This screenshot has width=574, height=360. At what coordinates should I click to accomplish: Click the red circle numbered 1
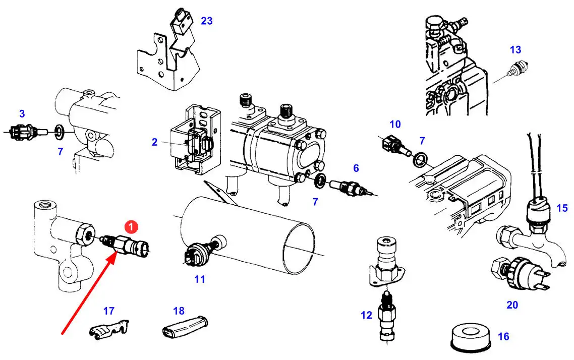point(131,227)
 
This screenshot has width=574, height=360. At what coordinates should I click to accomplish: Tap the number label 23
point(206,21)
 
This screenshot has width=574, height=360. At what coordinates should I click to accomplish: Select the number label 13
point(515,50)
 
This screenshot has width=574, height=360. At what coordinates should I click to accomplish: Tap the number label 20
point(512,305)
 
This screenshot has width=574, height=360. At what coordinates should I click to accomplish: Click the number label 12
point(366,316)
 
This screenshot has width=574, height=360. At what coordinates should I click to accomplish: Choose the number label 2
point(155,142)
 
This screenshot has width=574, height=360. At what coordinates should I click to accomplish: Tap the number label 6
point(356,168)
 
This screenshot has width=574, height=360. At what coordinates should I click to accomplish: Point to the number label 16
point(503,336)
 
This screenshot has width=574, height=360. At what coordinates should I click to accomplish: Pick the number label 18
point(179,311)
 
